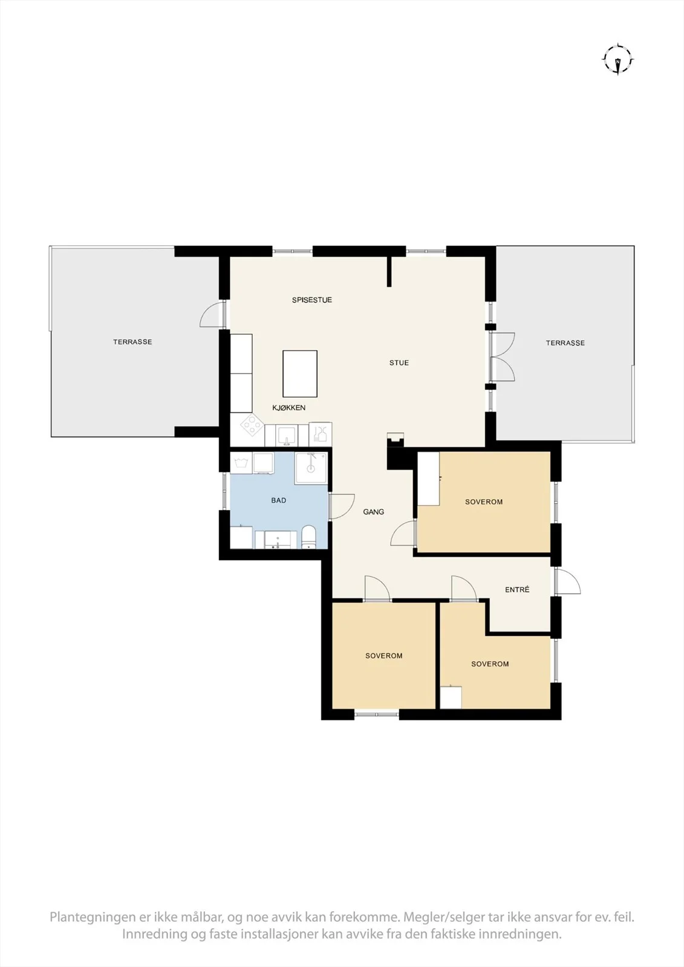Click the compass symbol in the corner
coord(618,60)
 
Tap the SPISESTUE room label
coord(311,300)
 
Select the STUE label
coord(399,363)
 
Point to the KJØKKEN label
coord(288,407)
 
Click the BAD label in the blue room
coord(278,501)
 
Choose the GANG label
coord(373,512)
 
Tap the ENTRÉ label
coord(517,590)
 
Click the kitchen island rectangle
coord(300,374)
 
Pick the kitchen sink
coord(286,435)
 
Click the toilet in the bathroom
coord(308,537)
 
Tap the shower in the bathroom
coord(311,468)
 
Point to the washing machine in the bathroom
coord(241,463)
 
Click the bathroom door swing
coord(341,506)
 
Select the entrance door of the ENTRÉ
coord(567,581)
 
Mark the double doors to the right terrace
coord(503,357)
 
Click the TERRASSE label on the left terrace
coord(132,342)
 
